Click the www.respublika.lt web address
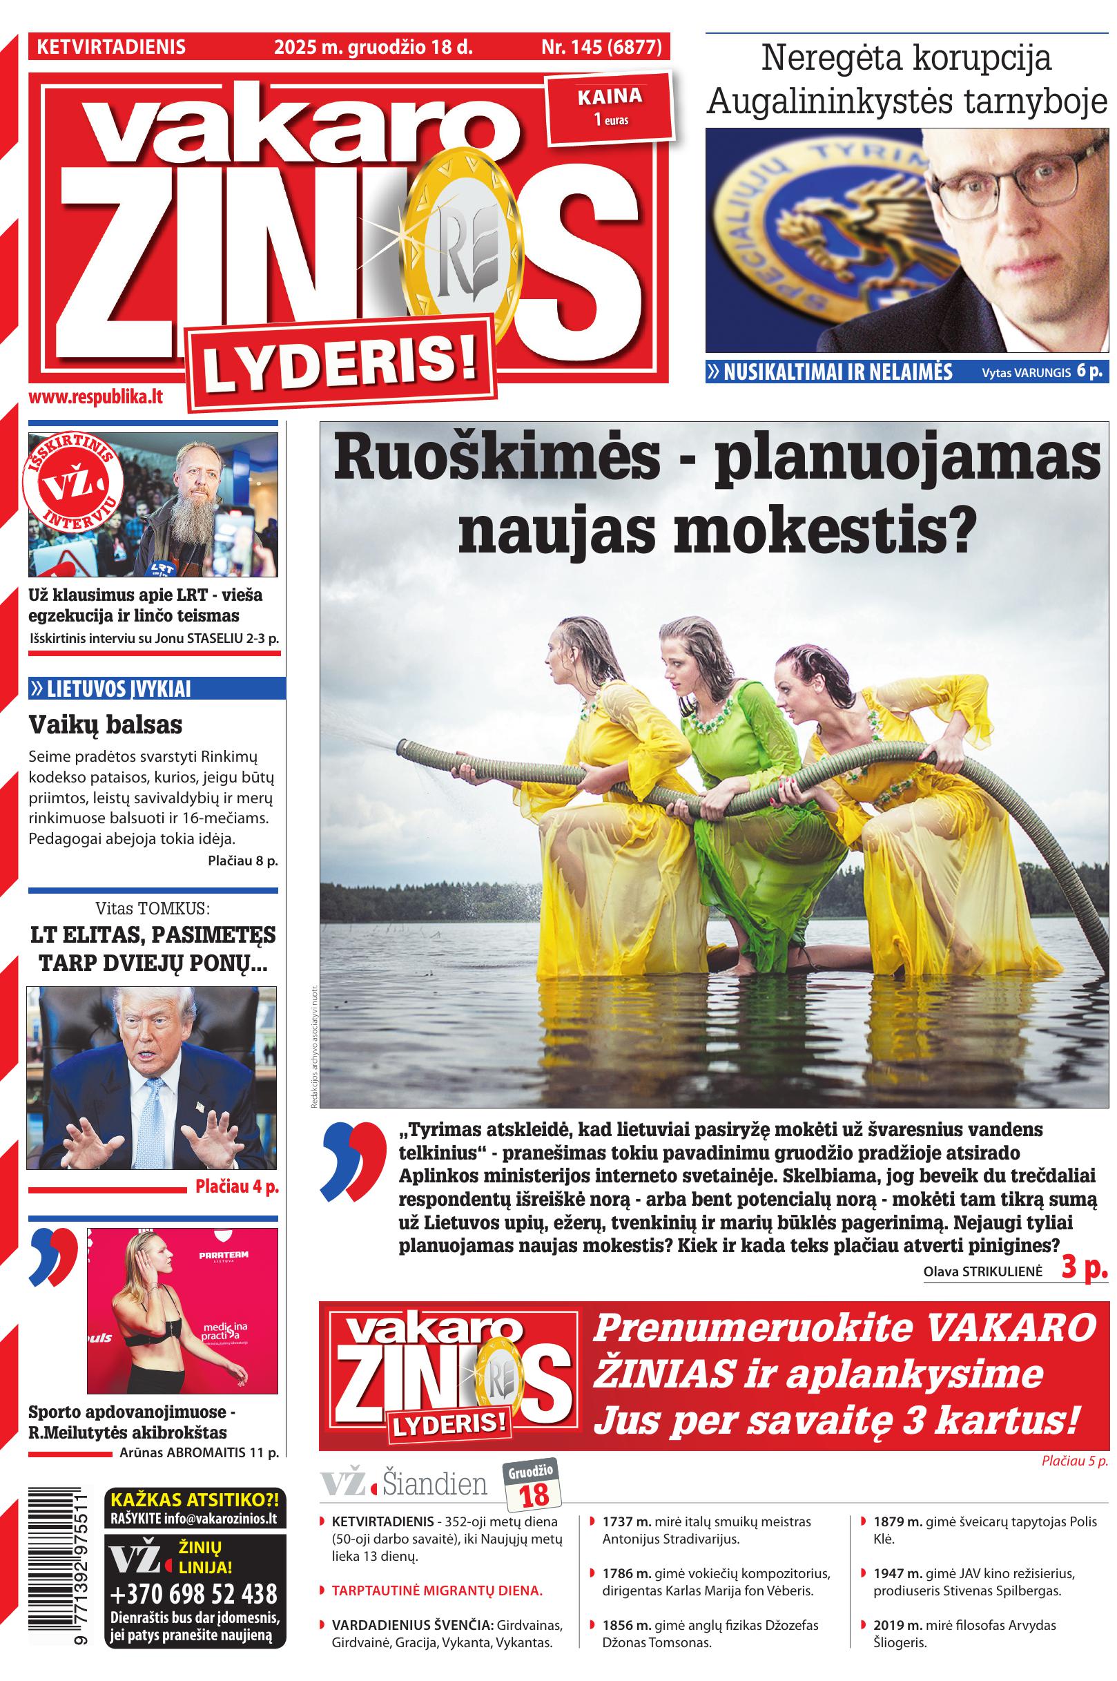point(95,398)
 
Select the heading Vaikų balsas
point(105,724)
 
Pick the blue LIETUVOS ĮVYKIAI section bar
point(157,689)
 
